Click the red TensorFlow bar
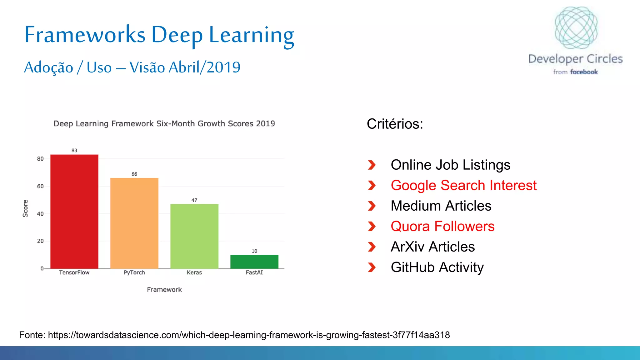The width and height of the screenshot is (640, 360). pos(74,212)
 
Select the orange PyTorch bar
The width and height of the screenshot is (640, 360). pos(134,223)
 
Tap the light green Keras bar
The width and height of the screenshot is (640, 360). pos(194,236)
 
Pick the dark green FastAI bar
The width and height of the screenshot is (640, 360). pos(254,262)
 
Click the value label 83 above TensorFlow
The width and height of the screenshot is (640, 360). pos(74,150)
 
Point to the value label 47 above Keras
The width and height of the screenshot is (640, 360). pos(194,200)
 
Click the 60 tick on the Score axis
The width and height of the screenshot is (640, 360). pos(40,186)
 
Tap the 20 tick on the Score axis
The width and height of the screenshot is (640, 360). pos(40,241)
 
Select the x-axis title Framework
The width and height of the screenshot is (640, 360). pos(164,290)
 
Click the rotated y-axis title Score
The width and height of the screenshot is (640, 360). pos(25,208)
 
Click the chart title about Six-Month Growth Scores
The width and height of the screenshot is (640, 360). pos(164,124)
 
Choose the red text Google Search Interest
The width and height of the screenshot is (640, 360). pos(463,185)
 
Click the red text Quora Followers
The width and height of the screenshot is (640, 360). pos(442,226)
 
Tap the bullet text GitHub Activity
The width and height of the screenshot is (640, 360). pos(437,267)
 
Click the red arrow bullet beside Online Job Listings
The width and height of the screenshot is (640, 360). pos(372,165)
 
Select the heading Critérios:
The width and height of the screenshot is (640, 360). pos(395,124)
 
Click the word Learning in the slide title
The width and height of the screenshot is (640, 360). pos(251,35)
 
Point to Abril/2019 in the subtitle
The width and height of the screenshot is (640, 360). pos(204,67)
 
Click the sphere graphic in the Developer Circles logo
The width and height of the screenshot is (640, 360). pos(576,27)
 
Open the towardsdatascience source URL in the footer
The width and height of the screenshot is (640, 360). pos(248,335)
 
